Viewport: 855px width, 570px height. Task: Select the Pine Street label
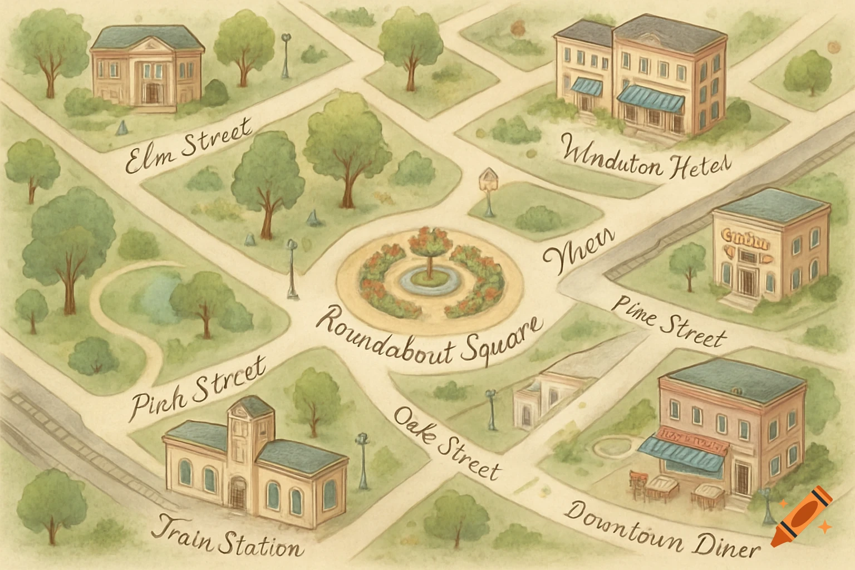pos(669,323)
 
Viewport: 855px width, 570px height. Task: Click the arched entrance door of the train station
pos(238,492)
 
